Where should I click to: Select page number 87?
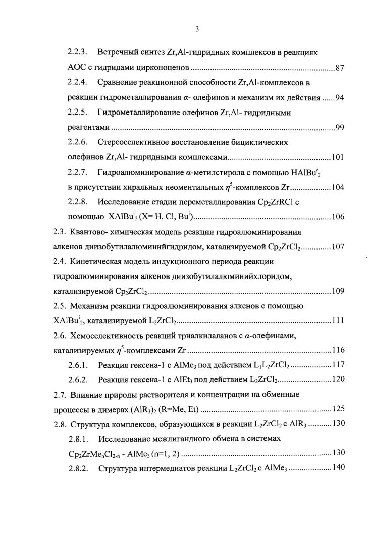[x=339, y=67]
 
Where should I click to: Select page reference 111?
[x=337, y=321]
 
